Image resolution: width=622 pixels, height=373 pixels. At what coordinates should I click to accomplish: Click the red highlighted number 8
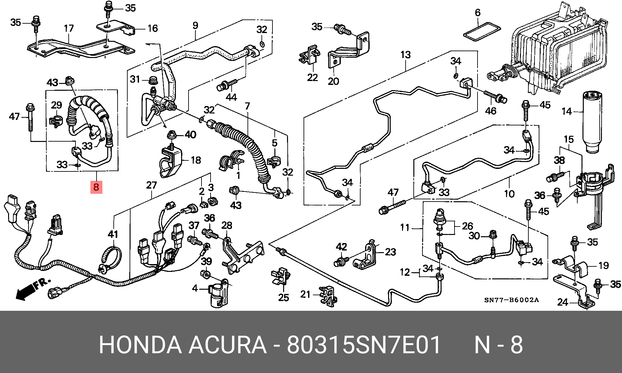coord(96,187)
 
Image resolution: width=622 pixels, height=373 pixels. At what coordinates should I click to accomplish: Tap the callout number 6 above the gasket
coord(478,13)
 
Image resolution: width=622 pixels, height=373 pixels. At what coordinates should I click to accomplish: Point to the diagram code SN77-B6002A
coord(511,300)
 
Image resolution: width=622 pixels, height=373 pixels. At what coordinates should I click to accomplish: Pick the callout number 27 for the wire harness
coord(151,185)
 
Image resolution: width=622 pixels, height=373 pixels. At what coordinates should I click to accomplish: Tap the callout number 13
coord(405,55)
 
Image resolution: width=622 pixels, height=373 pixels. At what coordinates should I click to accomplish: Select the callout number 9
coord(195,25)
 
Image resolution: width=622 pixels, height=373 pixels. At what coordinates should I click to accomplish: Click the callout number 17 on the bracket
coord(69,29)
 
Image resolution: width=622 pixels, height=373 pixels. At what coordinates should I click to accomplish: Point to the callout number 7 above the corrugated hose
coord(247,106)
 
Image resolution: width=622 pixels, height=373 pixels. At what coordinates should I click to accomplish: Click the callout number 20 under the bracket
coord(333,81)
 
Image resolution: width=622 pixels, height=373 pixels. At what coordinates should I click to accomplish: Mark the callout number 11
coord(405,227)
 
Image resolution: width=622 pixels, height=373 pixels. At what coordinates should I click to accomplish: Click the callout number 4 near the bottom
coord(195,288)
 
